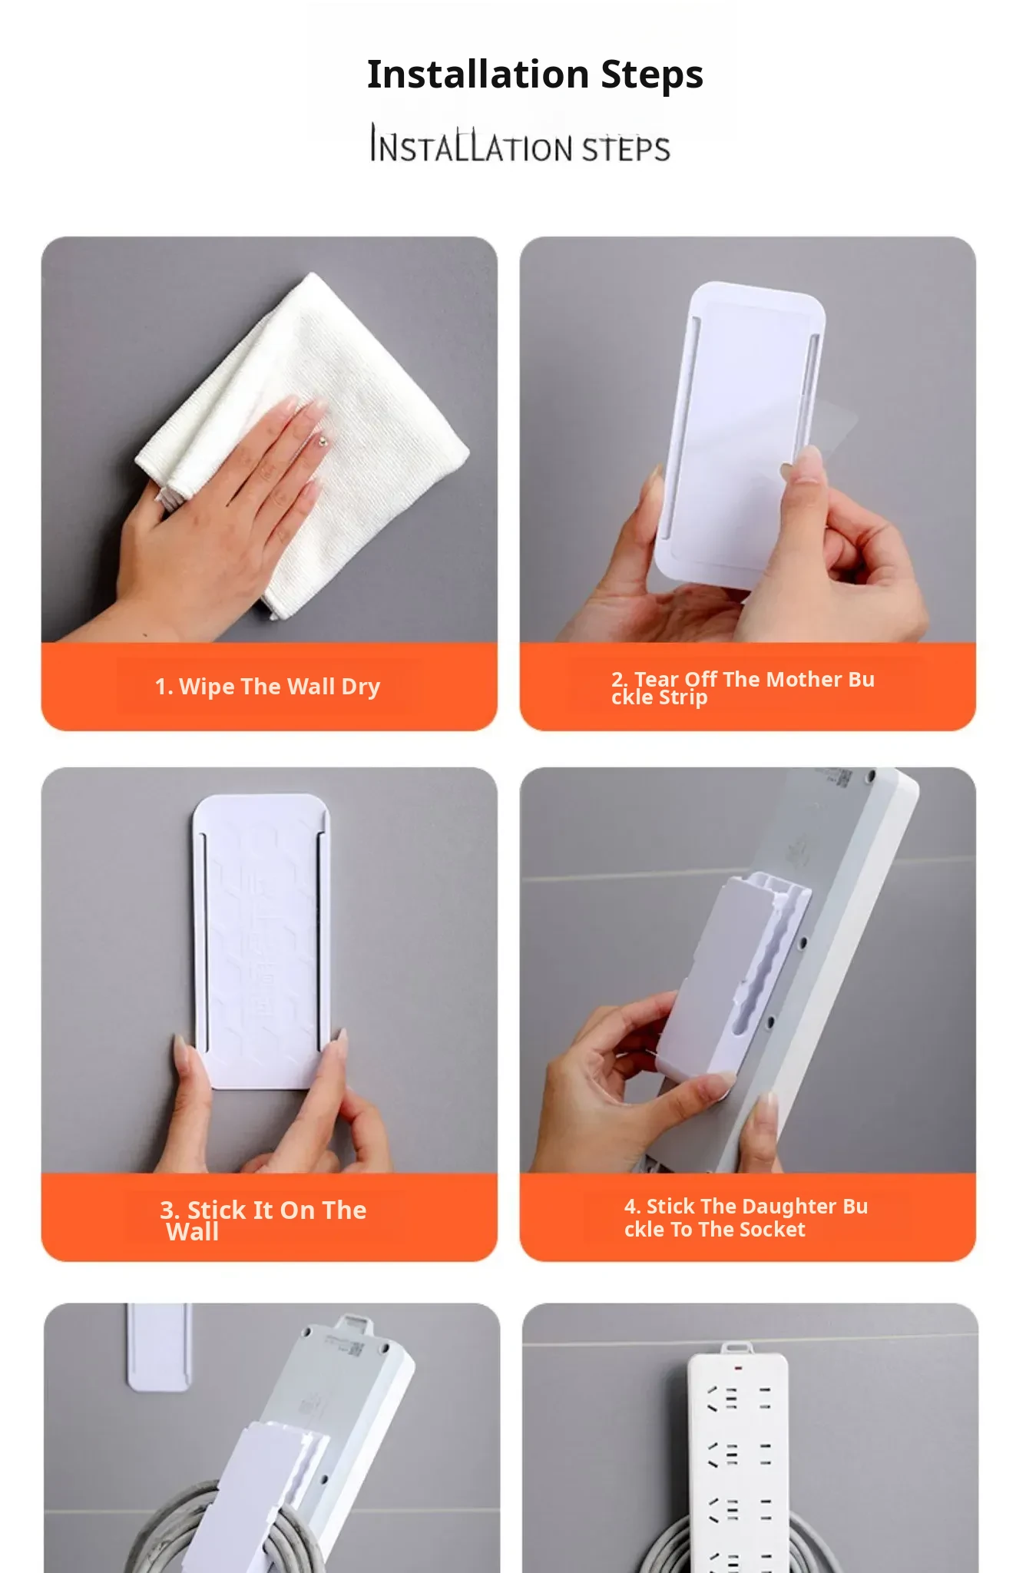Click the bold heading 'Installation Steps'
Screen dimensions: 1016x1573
pyautogui.click(x=535, y=75)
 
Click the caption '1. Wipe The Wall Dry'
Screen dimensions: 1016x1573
pyautogui.click(x=267, y=687)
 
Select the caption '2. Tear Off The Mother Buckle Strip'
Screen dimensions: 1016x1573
pyautogui.click(x=743, y=688)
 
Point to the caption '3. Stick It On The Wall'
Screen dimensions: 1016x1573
pyautogui.click(x=263, y=1220)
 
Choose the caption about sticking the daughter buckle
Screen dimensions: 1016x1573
pyautogui.click(x=746, y=1217)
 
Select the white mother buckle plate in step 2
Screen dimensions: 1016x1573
pyautogui.click(x=740, y=434)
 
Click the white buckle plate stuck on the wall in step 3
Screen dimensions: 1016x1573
pyautogui.click(x=262, y=941)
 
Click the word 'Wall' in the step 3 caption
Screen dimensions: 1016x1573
pyautogui.click(x=193, y=1232)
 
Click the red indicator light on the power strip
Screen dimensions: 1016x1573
pyautogui.click(x=737, y=1368)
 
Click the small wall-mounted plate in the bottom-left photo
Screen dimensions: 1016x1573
pyautogui.click(x=158, y=1346)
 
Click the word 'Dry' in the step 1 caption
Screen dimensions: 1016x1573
pyautogui.click(x=360, y=687)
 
